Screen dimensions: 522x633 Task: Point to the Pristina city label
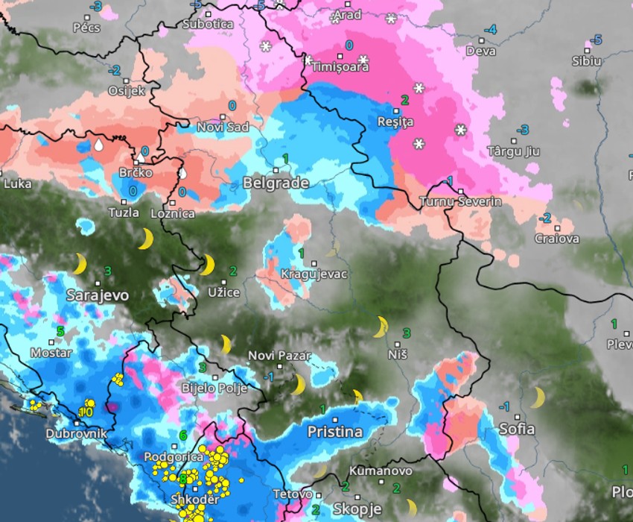pyautogui.click(x=335, y=432)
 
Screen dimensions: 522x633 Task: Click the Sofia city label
pyautogui.click(x=516, y=429)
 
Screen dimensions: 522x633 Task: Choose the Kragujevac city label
pyautogui.click(x=314, y=274)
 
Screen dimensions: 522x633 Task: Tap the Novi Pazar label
pyautogui.click(x=279, y=356)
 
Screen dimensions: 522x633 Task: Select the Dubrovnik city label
pyautogui.click(x=76, y=433)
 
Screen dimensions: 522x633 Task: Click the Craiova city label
pyautogui.click(x=557, y=239)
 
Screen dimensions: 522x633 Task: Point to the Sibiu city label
pyautogui.click(x=586, y=61)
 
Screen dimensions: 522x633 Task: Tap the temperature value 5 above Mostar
pyautogui.click(x=60, y=330)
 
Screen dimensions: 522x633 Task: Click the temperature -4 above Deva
pyautogui.click(x=490, y=30)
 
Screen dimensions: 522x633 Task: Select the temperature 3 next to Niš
pyautogui.click(x=407, y=333)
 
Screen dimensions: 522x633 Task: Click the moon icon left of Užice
pyautogui.click(x=207, y=265)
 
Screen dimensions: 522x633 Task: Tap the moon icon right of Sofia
pyautogui.click(x=537, y=397)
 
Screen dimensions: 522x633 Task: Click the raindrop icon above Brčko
pyautogui.click(x=98, y=145)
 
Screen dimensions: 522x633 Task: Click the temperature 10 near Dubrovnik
pyautogui.click(x=86, y=411)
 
